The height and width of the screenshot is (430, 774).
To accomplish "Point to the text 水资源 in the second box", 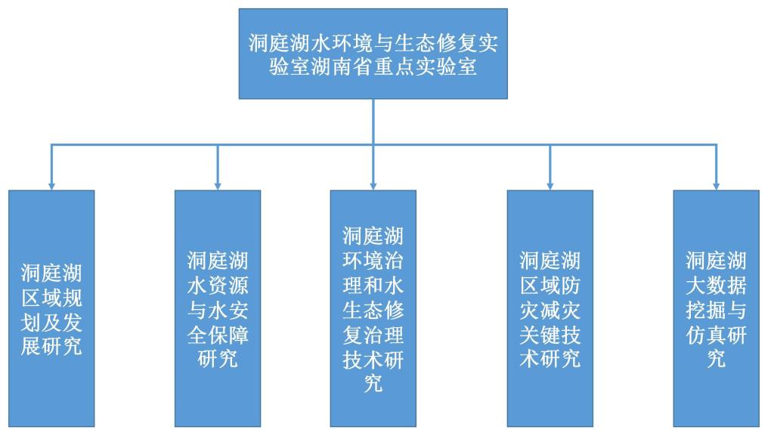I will (x=218, y=286).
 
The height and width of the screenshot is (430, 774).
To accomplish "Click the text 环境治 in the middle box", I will (x=373, y=261).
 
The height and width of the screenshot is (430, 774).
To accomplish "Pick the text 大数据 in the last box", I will (x=716, y=286).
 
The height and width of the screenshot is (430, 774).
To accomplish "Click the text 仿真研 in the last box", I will (x=716, y=334).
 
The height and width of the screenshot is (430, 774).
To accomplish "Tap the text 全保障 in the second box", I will (x=218, y=334).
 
